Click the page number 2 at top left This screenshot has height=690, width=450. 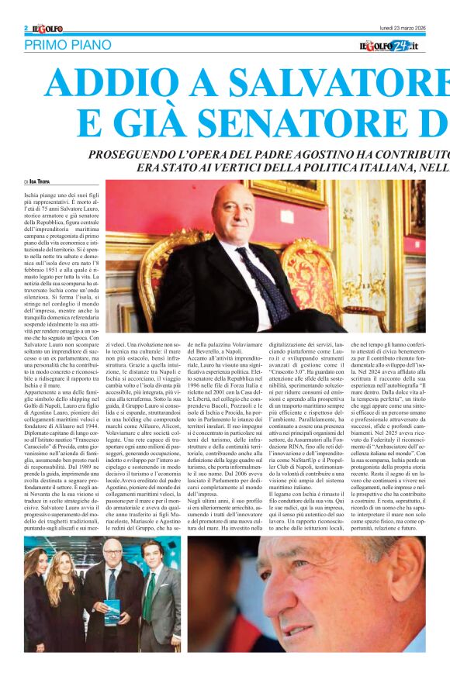26,28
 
